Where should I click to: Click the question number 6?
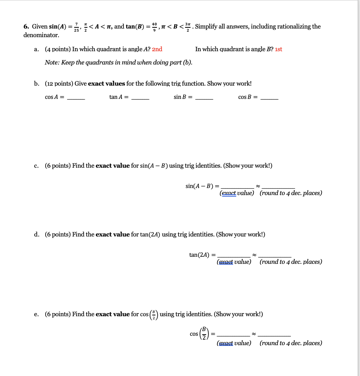[26, 27]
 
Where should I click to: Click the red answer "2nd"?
[157, 49]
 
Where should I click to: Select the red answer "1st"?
[278, 49]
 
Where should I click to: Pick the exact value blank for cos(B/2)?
[233, 335]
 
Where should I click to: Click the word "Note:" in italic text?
[52, 63]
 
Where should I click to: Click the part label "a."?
[36, 49]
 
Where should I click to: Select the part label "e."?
[36, 314]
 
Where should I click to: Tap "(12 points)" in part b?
[59, 84]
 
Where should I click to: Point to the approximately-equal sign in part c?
[258, 186]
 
